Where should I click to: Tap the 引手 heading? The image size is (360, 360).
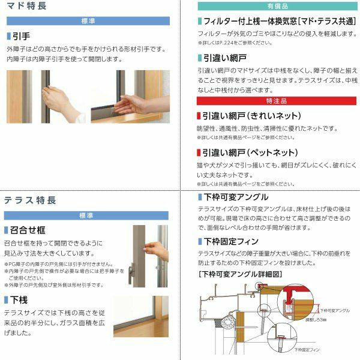tap(22, 36)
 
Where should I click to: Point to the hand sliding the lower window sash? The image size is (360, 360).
tap(126, 106)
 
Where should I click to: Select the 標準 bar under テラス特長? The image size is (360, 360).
tap(90, 215)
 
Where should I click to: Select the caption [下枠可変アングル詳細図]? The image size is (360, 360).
tap(240, 274)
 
